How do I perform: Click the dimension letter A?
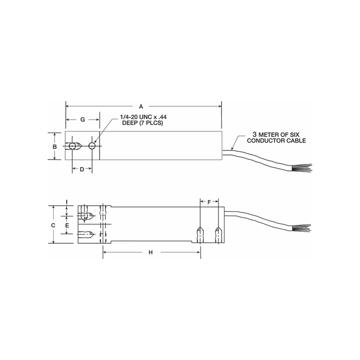(142, 107)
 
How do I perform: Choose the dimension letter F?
(209, 202)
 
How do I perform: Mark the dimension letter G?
(83, 120)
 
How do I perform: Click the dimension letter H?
(150, 252)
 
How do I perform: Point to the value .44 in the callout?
(162, 117)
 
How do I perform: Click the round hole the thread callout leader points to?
(92, 146)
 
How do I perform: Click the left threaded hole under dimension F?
(200, 235)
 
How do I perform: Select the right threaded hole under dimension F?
(218, 235)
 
